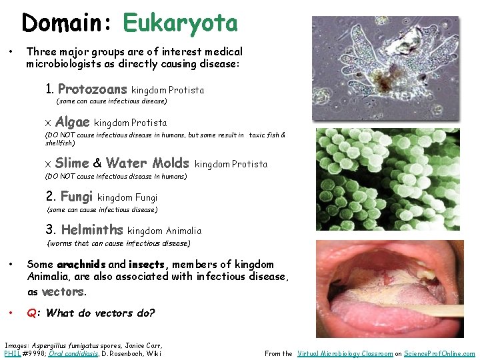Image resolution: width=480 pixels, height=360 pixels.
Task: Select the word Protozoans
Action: point(92,89)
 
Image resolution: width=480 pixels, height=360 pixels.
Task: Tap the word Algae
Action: point(72,122)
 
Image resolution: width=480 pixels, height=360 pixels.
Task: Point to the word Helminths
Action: point(91,230)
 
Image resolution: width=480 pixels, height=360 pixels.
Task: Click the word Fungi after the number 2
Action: point(77,197)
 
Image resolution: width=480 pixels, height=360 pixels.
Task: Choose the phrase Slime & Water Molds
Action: point(122,163)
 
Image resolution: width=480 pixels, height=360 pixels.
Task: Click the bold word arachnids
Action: point(81,265)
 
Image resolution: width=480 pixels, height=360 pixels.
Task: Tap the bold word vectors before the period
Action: point(62,292)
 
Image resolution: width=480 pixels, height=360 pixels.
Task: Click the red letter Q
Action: point(31,313)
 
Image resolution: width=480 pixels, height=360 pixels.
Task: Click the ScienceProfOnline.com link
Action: point(444,354)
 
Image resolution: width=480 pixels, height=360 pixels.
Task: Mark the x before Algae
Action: point(48,124)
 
